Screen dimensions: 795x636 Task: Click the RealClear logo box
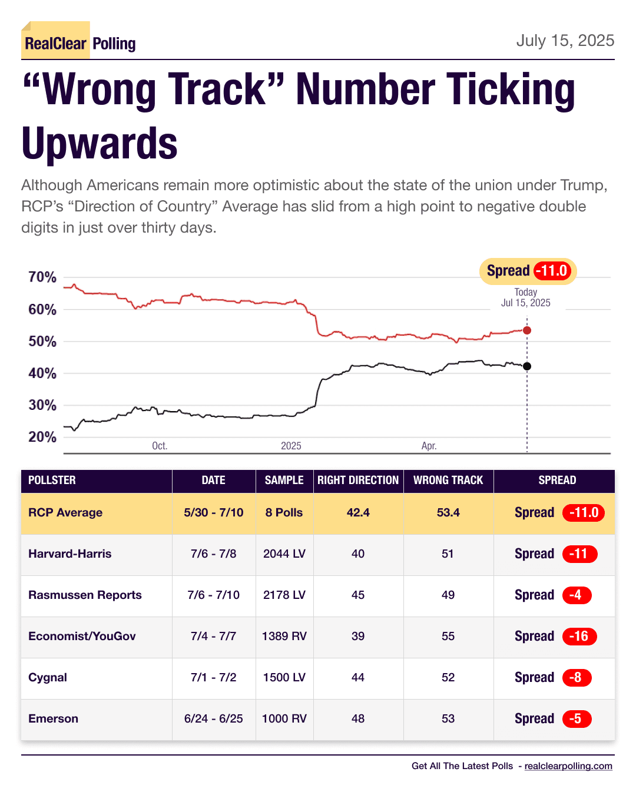(56, 42)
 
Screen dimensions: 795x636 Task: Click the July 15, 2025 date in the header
(565, 41)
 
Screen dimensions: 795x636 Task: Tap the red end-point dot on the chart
(527, 330)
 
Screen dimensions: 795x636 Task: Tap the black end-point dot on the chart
(527, 366)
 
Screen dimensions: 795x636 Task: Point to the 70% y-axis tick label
(42, 277)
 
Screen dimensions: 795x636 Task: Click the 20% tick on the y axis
(42, 437)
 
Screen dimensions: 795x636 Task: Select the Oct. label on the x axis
(160, 446)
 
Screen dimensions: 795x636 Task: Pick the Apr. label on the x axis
(429, 446)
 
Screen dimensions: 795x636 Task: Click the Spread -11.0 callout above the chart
(528, 271)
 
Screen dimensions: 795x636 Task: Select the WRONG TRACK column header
(448, 481)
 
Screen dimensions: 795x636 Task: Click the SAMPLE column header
(284, 481)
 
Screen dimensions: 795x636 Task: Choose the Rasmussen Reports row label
(85, 595)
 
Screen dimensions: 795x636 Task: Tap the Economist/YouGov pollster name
(82, 636)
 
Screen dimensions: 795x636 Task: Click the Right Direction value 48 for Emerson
(358, 718)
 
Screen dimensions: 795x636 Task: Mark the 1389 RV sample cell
(284, 636)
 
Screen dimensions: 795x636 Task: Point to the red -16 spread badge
(579, 636)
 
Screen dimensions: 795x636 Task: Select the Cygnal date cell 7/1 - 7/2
(213, 677)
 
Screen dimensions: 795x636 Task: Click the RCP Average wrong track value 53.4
(448, 512)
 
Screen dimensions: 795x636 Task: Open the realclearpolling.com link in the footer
(568, 766)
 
